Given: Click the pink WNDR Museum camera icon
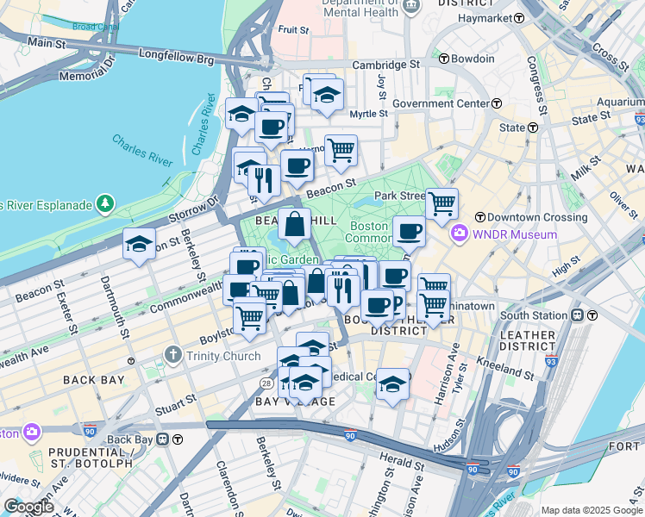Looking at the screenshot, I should (459, 234).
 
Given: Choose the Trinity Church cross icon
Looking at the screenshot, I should (172, 356).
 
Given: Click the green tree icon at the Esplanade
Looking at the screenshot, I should (104, 204).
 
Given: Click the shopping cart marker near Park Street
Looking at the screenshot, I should (441, 204).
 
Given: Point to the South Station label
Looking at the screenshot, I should (537, 315).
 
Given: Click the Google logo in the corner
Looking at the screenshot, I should (28, 507).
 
